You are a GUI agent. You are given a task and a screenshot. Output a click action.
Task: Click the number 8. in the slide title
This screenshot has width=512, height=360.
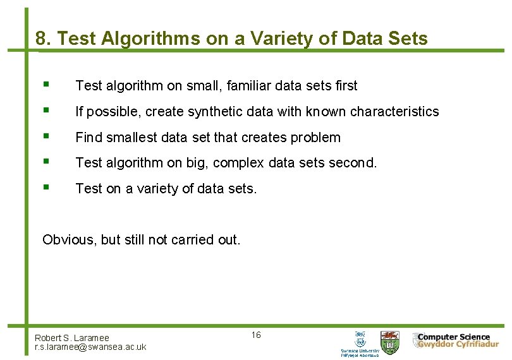[x=44, y=39]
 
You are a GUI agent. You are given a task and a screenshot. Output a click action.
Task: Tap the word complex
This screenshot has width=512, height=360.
[x=239, y=162]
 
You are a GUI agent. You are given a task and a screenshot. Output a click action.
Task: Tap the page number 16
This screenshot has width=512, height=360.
[x=255, y=335]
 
